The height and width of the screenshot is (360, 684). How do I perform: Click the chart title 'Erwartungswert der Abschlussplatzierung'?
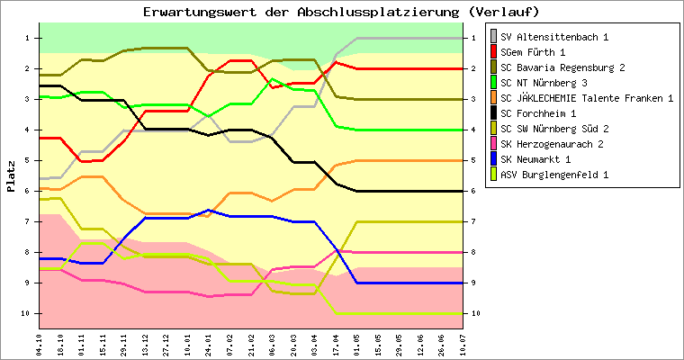(341, 12)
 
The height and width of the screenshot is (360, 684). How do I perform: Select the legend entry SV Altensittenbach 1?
(554, 37)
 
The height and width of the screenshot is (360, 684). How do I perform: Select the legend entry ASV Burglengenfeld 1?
(553, 175)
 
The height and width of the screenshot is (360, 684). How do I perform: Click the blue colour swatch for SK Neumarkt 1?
(492, 159)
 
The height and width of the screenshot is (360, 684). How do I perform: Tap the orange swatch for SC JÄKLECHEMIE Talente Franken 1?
(492, 98)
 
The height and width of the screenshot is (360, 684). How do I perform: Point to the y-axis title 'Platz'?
(11, 175)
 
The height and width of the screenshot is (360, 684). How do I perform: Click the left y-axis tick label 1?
(28, 38)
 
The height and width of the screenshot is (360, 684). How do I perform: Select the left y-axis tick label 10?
(26, 313)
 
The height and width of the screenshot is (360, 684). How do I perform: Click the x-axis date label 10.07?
(463, 344)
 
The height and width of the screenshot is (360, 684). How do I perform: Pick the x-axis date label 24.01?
(210, 344)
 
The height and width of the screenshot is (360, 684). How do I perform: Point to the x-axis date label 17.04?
(336, 344)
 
